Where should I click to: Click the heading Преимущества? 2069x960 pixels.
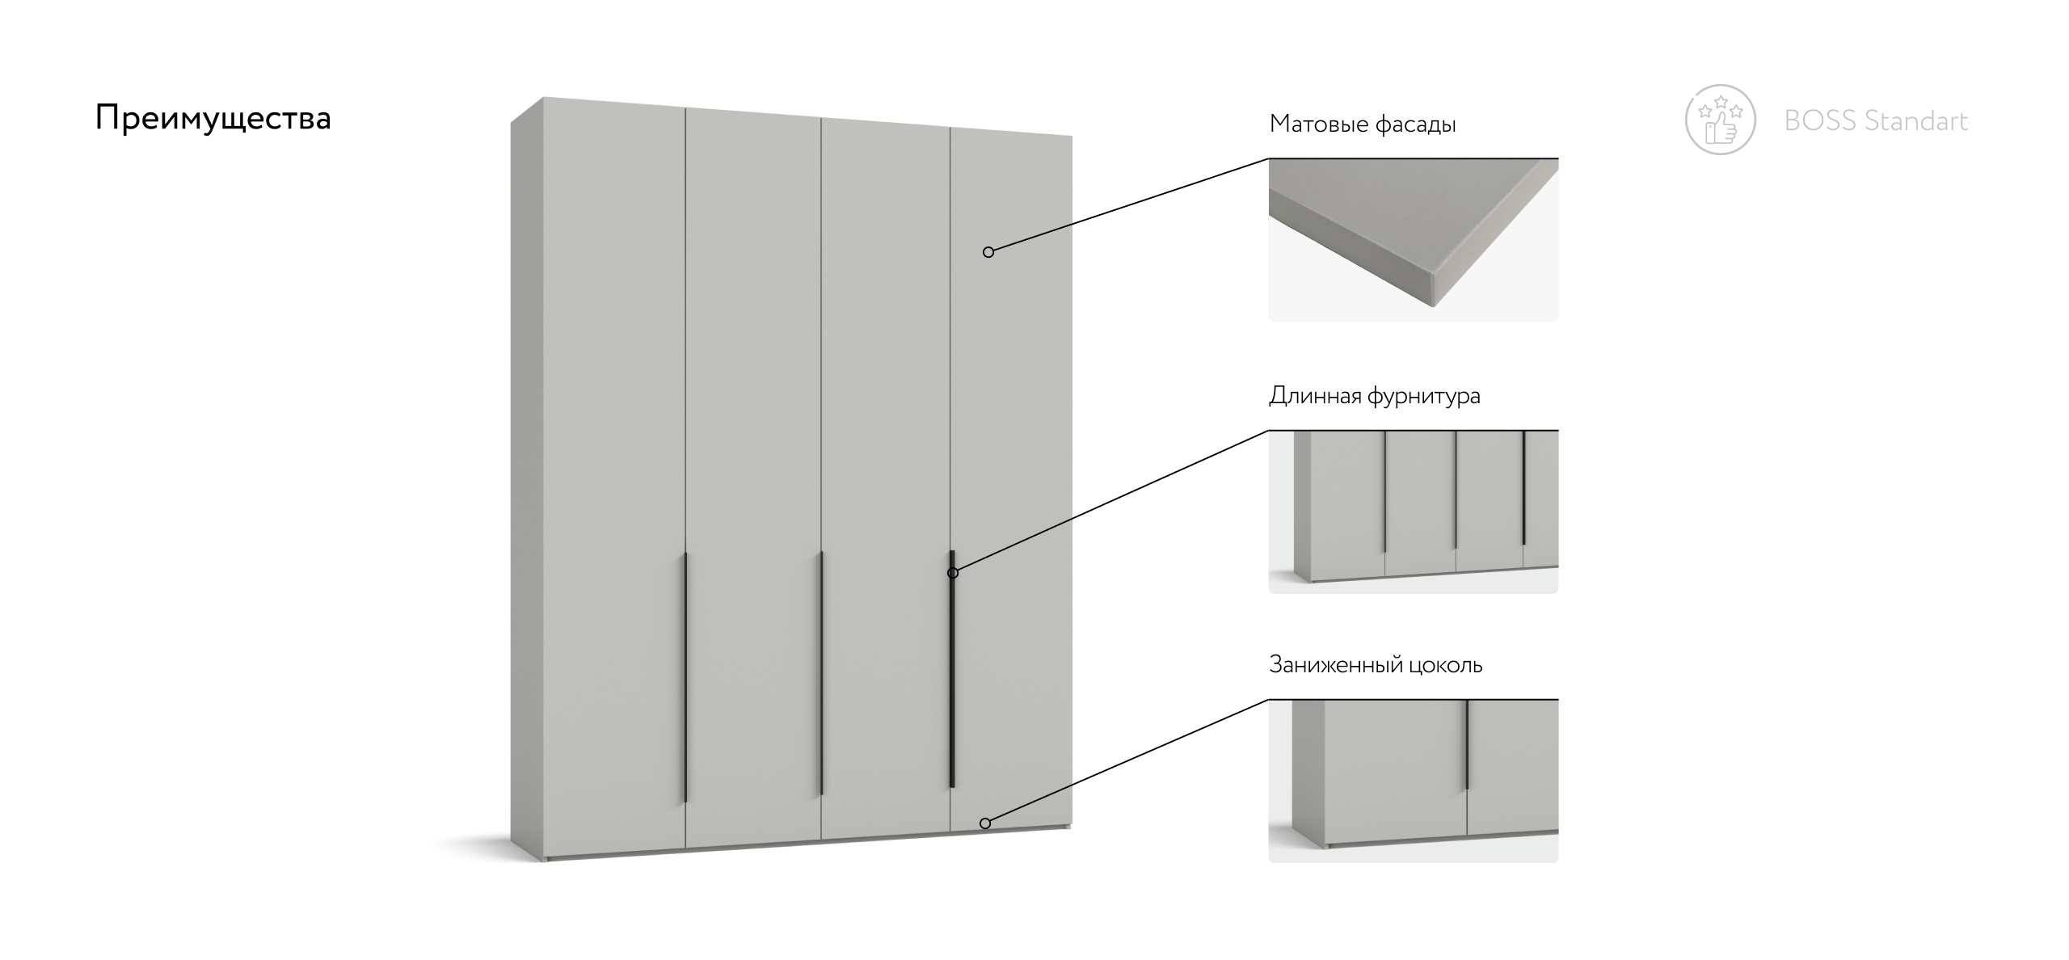(x=213, y=119)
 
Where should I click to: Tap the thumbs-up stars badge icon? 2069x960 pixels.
(x=1721, y=120)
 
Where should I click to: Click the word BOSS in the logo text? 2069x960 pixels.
(x=1820, y=121)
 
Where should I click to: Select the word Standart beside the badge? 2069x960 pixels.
(x=1916, y=121)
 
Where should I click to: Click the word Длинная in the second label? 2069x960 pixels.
(x=1316, y=396)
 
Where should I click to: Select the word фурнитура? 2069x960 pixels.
(x=1424, y=396)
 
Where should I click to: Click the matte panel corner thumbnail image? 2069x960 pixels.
(x=1413, y=240)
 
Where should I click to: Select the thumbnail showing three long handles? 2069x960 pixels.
(x=1413, y=512)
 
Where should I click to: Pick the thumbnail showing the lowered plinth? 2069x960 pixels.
(x=1413, y=781)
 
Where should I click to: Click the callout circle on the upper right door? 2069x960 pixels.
(x=988, y=252)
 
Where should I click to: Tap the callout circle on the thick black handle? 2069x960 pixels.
(x=953, y=573)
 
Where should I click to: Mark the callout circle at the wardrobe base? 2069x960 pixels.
(x=985, y=823)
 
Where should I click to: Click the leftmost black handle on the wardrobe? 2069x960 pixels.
(x=685, y=678)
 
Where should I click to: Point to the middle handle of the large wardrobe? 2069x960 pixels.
(x=821, y=673)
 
